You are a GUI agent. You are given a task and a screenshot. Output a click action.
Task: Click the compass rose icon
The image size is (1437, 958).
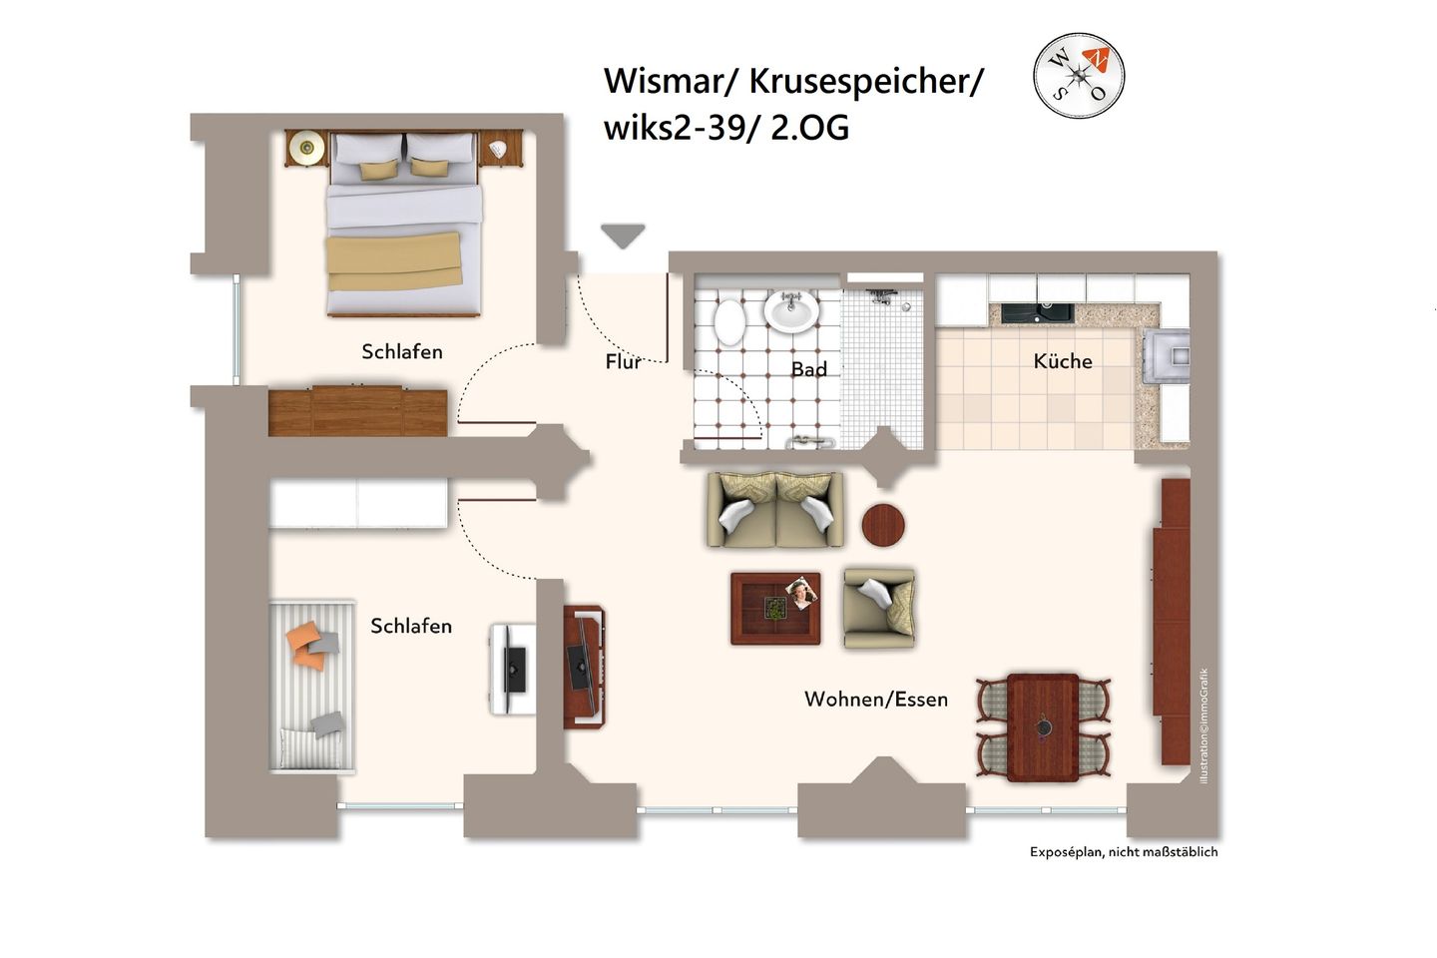(1078, 76)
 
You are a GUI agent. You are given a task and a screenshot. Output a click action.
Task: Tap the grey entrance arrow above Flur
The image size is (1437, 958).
(623, 236)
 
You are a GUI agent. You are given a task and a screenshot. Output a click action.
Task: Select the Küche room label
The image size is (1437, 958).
(1062, 361)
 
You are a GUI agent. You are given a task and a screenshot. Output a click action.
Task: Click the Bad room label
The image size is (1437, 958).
(808, 369)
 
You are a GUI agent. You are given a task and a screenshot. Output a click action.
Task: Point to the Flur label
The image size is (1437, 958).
(623, 361)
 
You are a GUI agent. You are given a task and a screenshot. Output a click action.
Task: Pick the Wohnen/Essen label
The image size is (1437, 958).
(875, 700)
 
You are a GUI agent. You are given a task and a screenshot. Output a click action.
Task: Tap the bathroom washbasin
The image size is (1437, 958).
(791, 310)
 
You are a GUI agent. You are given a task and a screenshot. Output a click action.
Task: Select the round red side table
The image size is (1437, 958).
(883, 525)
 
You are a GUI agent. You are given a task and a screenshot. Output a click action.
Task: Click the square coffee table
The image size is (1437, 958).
(775, 608)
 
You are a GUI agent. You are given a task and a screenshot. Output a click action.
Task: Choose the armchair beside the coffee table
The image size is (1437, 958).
(878, 608)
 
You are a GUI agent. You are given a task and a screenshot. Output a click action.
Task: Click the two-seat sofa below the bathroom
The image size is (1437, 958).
(774, 510)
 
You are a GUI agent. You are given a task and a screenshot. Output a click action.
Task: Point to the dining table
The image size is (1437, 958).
(1043, 726)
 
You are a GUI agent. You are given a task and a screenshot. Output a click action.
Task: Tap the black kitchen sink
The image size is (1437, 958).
(1037, 312)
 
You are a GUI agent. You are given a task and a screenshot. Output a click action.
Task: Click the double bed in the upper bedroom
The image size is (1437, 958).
(404, 225)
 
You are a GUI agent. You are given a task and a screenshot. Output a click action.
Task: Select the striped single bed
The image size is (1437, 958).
(311, 686)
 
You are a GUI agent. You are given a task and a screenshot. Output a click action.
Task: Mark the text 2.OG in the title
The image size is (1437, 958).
(809, 128)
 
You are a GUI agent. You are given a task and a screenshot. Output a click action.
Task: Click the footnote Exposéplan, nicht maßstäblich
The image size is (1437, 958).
(1124, 852)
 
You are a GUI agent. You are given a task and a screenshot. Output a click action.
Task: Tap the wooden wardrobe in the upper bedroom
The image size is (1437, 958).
(357, 412)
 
